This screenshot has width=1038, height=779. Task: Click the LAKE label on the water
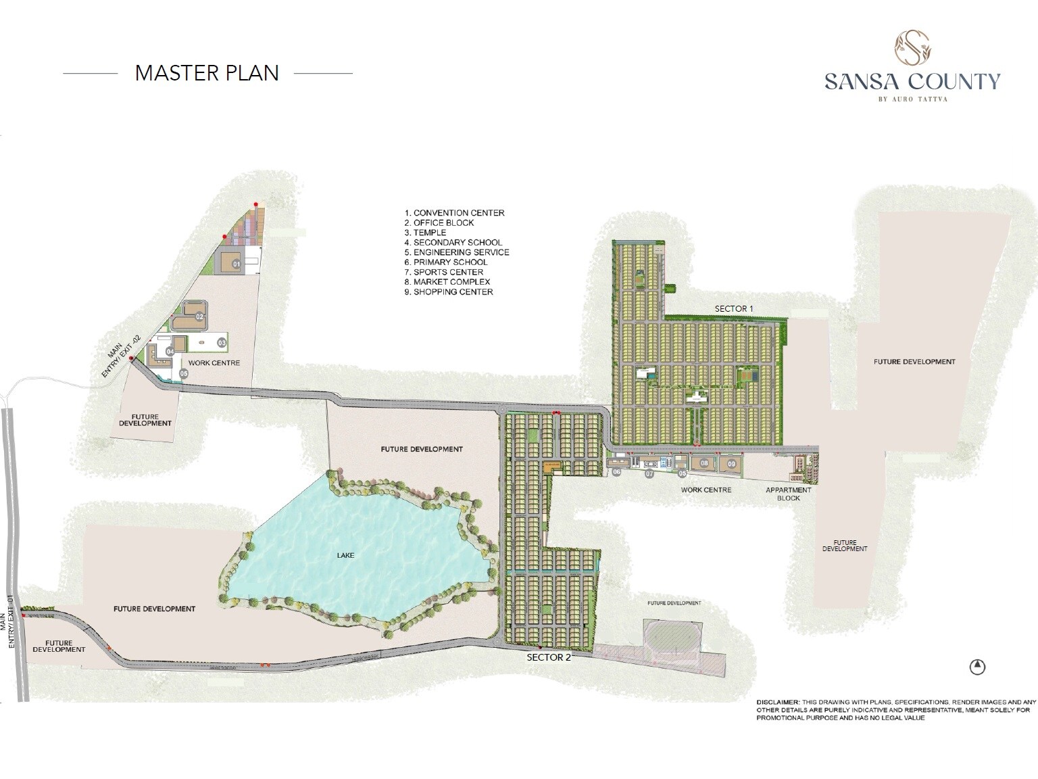click(x=345, y=555)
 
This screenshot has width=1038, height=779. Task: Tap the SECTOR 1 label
click(x=733, y=308)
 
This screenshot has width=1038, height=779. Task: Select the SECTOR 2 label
click(x=549, y=657)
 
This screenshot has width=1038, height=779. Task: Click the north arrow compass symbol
click(x=977, y=667)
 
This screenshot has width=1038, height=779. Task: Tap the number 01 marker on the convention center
click(x=237, y=264)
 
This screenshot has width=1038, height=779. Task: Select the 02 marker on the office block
click(x=200, y=316)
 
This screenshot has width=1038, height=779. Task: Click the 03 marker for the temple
click(x=221, y=344)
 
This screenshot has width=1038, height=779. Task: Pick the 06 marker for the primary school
click(x=616, y=473)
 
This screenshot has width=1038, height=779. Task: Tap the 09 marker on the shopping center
click(x=731, y=464)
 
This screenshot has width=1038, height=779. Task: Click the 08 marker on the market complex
click(x=704, y=464)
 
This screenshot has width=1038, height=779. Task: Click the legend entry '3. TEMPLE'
click(x=425, y=233)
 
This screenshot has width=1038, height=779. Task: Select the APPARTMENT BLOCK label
click(x=788, y=494)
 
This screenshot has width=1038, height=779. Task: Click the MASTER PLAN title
click(x=207, y=73)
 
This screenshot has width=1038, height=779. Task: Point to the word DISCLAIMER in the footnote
click(x=778, y=703)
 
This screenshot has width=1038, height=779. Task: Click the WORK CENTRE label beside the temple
click(x=214, y=363)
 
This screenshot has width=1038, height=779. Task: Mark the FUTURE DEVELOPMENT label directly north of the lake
click(x=422, y=449)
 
